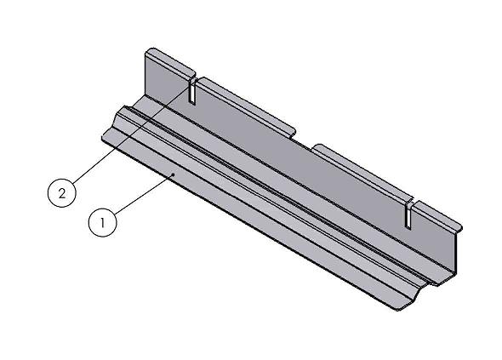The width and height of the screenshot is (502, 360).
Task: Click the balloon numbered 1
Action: tap(102, 223)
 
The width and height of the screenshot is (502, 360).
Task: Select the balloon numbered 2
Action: tap(60, 193)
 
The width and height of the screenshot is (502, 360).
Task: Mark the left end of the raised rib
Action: tap(123, 110)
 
